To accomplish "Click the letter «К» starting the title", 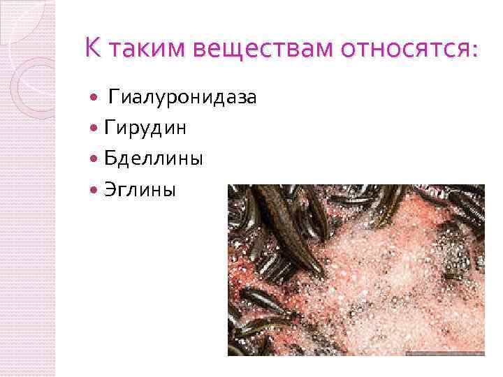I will pyautogui.click(x=92, y=49).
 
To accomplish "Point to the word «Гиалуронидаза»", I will pyautogui.click(x=182, y=98).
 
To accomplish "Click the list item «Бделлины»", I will pyautogui.click(x=154, y=159).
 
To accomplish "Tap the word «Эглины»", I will pyautogui.click(x=140, y=190).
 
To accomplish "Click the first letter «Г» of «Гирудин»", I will pyautogui.click(x=110, y=128).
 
